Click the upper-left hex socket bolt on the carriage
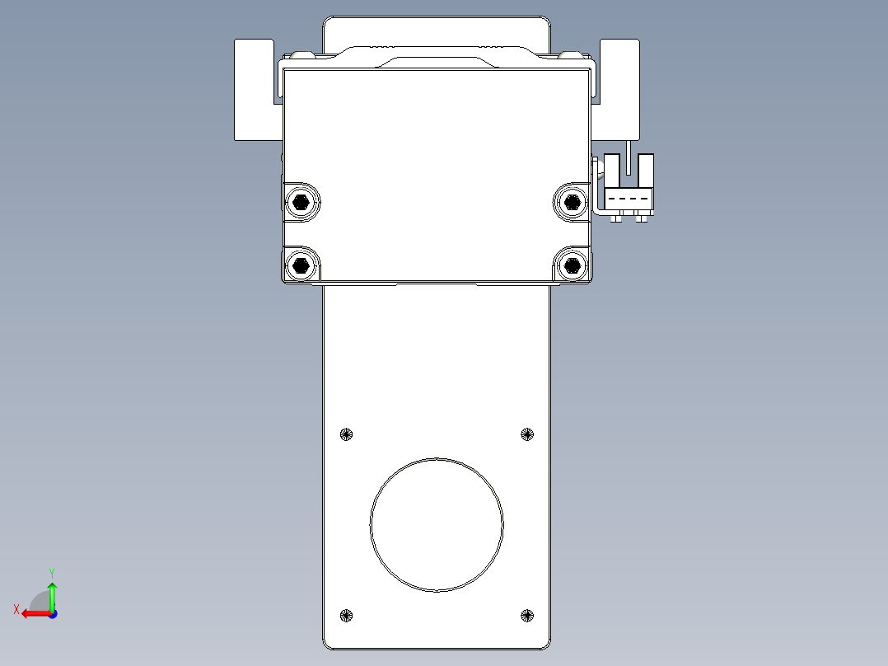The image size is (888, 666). point(301,201)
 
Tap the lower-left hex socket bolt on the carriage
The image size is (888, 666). point(301,265)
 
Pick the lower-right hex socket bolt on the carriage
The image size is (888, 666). point(571,265)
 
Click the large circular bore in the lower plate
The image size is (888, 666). point(437,525)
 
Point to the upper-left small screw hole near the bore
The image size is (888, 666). point(346,434)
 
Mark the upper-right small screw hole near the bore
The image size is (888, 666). point(527,434)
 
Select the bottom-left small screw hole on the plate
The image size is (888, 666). point(346,615)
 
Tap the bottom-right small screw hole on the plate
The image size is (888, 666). point(527,615)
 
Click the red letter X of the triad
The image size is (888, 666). point(16,609)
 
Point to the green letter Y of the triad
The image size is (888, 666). point(52,572)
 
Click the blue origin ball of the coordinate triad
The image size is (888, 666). point(52,614)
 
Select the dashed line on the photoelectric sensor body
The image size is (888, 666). point(629,199)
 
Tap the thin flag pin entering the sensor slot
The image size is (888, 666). point(629,157)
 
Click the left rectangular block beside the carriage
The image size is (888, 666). point(254,89)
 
